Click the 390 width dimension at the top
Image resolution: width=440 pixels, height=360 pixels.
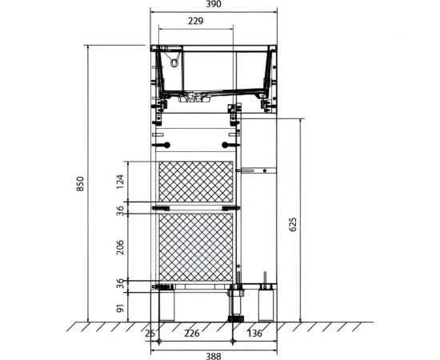tap(214, 4)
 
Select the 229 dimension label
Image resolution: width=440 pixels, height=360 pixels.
tap(195, 21)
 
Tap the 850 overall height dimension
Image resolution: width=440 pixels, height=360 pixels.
tap(80, 184)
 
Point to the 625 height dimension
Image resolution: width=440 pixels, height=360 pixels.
tap(292, 224)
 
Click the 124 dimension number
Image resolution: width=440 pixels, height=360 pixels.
tap(120, 182)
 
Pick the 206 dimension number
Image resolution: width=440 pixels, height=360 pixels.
tap(120, 247)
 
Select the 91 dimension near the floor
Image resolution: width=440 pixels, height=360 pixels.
tap(120, 308)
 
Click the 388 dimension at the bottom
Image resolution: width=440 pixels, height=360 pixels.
tap(214, 356)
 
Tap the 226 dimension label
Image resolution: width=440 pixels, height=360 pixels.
tap(192, 334)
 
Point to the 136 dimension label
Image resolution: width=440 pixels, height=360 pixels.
tap(254, 334)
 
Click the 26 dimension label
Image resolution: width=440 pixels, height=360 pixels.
tap(150, 334)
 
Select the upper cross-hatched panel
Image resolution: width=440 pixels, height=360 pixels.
tap(196, 182)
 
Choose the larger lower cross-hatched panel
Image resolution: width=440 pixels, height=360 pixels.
tap(196, 247)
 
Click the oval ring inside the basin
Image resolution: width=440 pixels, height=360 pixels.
tap(174, 62)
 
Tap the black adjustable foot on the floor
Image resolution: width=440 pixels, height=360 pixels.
tap(236, 318)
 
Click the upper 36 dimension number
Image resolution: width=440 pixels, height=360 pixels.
tap(120, 210)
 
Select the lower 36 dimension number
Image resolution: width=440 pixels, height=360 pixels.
tap(120, 283)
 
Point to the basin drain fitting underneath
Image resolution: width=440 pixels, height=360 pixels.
tap(194, 98)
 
